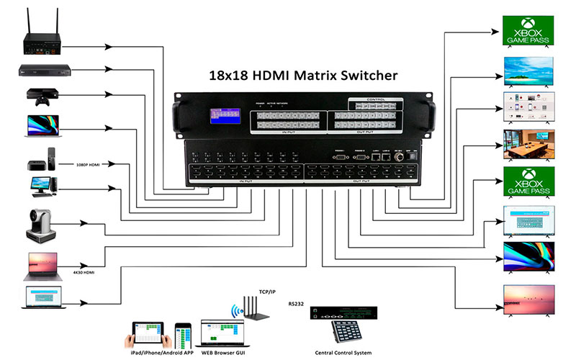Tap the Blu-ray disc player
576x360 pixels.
40,71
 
